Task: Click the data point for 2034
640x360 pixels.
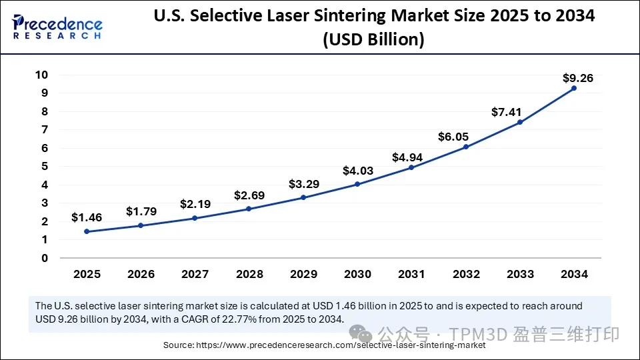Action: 574,88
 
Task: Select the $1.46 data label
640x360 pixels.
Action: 86,217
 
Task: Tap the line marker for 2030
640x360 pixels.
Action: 357,184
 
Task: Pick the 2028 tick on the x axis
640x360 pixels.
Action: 249,274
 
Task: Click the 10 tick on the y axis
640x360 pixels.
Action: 41,75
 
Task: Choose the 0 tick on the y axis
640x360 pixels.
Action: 45,258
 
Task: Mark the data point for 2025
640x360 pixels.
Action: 87,231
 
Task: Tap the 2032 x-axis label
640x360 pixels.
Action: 466,274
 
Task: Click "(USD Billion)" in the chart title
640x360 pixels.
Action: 374,40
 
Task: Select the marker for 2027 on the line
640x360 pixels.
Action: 195,218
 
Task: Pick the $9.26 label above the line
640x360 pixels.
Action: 577,78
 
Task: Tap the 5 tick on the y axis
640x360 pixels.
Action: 45,167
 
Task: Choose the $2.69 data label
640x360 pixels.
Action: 249,195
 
